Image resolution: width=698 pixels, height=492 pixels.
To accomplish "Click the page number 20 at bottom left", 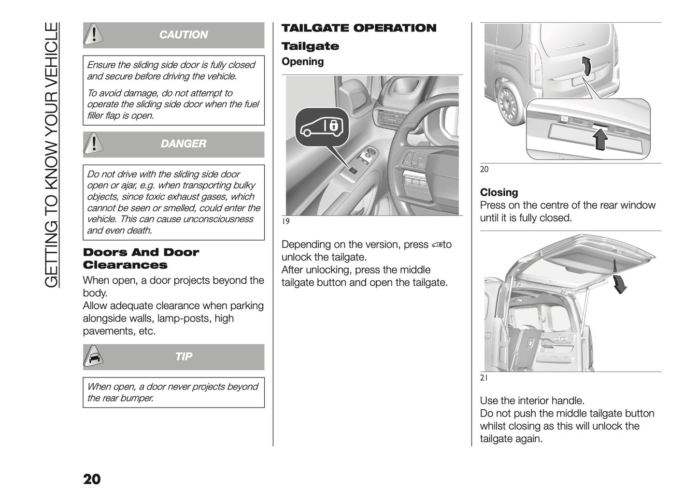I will [x=92, y=479].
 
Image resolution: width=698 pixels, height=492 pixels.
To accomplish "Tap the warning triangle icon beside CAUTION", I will [x=94, y=34].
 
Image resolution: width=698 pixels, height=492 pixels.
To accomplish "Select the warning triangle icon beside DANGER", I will [x=94, y=144].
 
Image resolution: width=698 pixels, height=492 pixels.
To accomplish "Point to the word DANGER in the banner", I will [x=183, y=144].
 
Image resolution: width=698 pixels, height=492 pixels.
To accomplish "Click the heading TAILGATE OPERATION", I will [x=358, y=28].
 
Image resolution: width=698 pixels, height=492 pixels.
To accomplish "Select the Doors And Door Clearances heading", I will [x=141, y=259].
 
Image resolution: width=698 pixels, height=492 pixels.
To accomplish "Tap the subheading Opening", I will [x=302, y=62].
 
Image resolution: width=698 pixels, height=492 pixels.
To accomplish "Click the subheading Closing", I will [x=499, y=192].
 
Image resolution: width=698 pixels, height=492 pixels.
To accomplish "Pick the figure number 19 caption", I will [x=285, y=221].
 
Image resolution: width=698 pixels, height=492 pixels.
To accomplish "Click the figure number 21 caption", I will [x=484, y=378].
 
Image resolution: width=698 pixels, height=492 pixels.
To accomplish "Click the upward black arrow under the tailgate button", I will [x=600, y=141].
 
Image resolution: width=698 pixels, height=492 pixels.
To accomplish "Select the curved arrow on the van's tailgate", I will [x=585, y=67].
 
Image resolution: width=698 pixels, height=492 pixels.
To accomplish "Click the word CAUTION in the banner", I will [x=183, y=35].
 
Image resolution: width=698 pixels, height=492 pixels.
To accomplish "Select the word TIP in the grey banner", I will [x=184, y=357].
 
